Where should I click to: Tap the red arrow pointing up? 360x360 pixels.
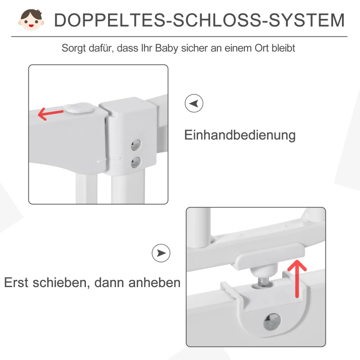pyautogui.click(x=297, y=279)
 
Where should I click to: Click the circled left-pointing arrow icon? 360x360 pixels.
pyautogui.click(x=194, y=103)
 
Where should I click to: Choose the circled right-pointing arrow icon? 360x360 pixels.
pyautogui.click(x=161, y=253)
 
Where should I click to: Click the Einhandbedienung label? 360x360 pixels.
pyautogui.click(x=240, y=135)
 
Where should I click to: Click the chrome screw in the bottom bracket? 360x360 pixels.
pyautogui.click(x=271, y=321)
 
